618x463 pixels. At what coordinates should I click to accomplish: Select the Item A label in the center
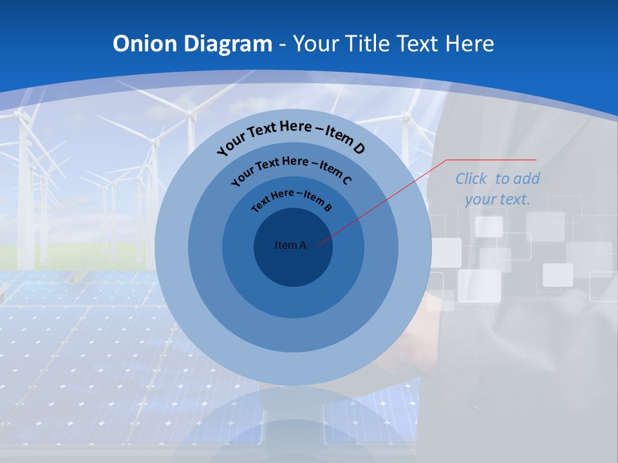[290, 245]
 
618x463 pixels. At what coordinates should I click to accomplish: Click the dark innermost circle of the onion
[293, 264]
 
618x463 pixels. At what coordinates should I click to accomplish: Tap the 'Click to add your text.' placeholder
[498, 189]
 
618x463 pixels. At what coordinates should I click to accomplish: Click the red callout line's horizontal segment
[492, 159]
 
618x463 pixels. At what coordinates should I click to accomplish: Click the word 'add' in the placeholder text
[527, 179]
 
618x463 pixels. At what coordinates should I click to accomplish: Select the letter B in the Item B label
[328, 208]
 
